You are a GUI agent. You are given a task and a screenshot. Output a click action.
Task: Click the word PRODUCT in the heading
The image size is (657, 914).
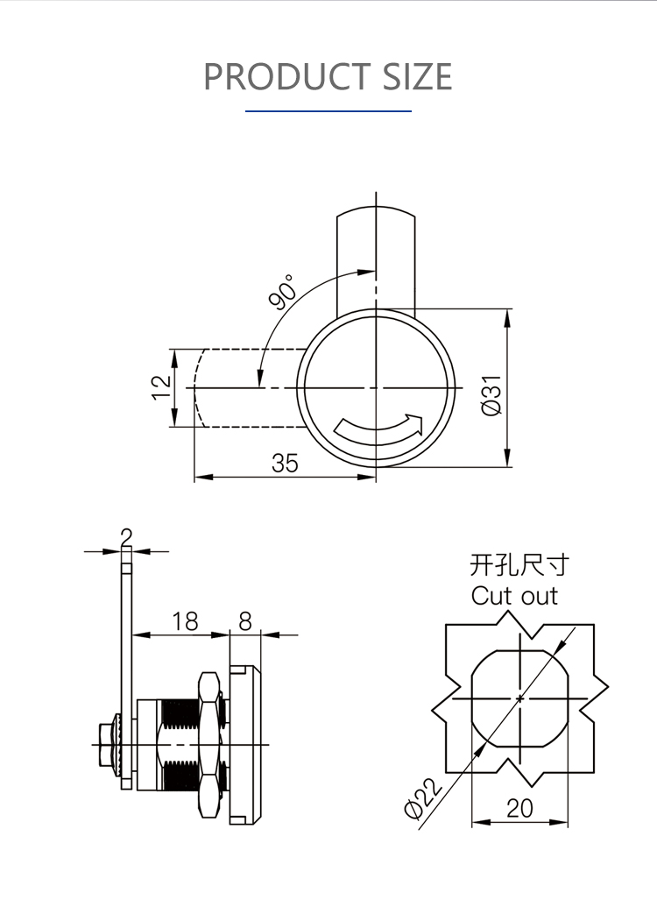click(286, 76)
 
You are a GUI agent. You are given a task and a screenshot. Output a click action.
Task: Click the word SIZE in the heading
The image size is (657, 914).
click(417, 76)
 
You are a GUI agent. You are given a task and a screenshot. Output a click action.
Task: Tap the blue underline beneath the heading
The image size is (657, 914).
click(328, 110)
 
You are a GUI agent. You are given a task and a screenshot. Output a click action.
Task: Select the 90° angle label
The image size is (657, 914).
click(283, 291)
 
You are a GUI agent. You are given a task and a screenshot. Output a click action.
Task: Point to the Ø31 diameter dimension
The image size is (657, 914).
click(491, 395)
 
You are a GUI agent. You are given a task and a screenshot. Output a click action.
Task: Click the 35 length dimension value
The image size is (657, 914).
click(284, 464)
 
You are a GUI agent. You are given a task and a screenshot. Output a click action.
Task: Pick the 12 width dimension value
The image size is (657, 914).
click(162, 387)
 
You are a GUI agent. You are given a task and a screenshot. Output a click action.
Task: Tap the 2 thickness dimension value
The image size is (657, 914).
click(126, 537)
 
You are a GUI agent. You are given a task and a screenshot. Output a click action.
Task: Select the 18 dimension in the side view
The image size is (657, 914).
click(185, 621)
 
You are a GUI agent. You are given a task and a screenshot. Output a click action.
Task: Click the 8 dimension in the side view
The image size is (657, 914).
click(245, 621)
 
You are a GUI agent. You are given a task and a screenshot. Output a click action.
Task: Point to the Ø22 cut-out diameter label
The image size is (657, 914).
click(423, 798)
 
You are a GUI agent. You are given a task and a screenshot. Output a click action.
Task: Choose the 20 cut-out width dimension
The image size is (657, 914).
click(519, 809)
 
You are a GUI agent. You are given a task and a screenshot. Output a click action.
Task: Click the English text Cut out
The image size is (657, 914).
click(514, 596)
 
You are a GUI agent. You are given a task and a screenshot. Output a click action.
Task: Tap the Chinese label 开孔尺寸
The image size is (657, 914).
click(519, 565)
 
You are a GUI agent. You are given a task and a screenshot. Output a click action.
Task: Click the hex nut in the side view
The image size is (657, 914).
click(209, 744)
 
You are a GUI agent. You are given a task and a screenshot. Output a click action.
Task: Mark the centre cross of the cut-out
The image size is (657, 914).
click(519, 698)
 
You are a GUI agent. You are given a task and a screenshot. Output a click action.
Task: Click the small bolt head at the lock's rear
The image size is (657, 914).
click(106, 745)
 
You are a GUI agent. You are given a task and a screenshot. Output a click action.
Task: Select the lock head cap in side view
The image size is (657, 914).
click(245, 745)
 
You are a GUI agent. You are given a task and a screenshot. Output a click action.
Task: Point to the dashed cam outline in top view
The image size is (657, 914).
click(251, 387)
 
